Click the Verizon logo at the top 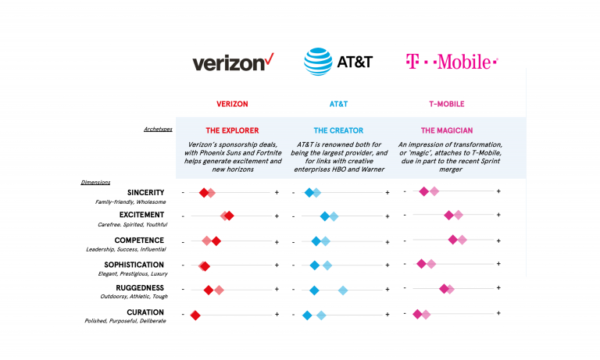click(x=232, y=62)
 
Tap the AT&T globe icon click(x=318, y=62)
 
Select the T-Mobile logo click(x=452, y=62)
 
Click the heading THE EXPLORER click(x=232, y=130)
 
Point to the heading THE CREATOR click(x=338, y=130)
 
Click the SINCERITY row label click(x=145, y=191)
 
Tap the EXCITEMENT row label click(x=141, y=215)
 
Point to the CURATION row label click(x=145, y=312)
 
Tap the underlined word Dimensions click(x=95, y=182)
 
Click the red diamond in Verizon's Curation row click(x=195, y=315)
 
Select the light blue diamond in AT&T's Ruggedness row click(x=343, y=290)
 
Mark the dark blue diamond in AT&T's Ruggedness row click(x=314, y=290)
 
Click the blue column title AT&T click(x=338, y=103)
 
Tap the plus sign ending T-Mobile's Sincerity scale click(x=498, y=191)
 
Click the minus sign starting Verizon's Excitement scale click(x=183, y=216)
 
